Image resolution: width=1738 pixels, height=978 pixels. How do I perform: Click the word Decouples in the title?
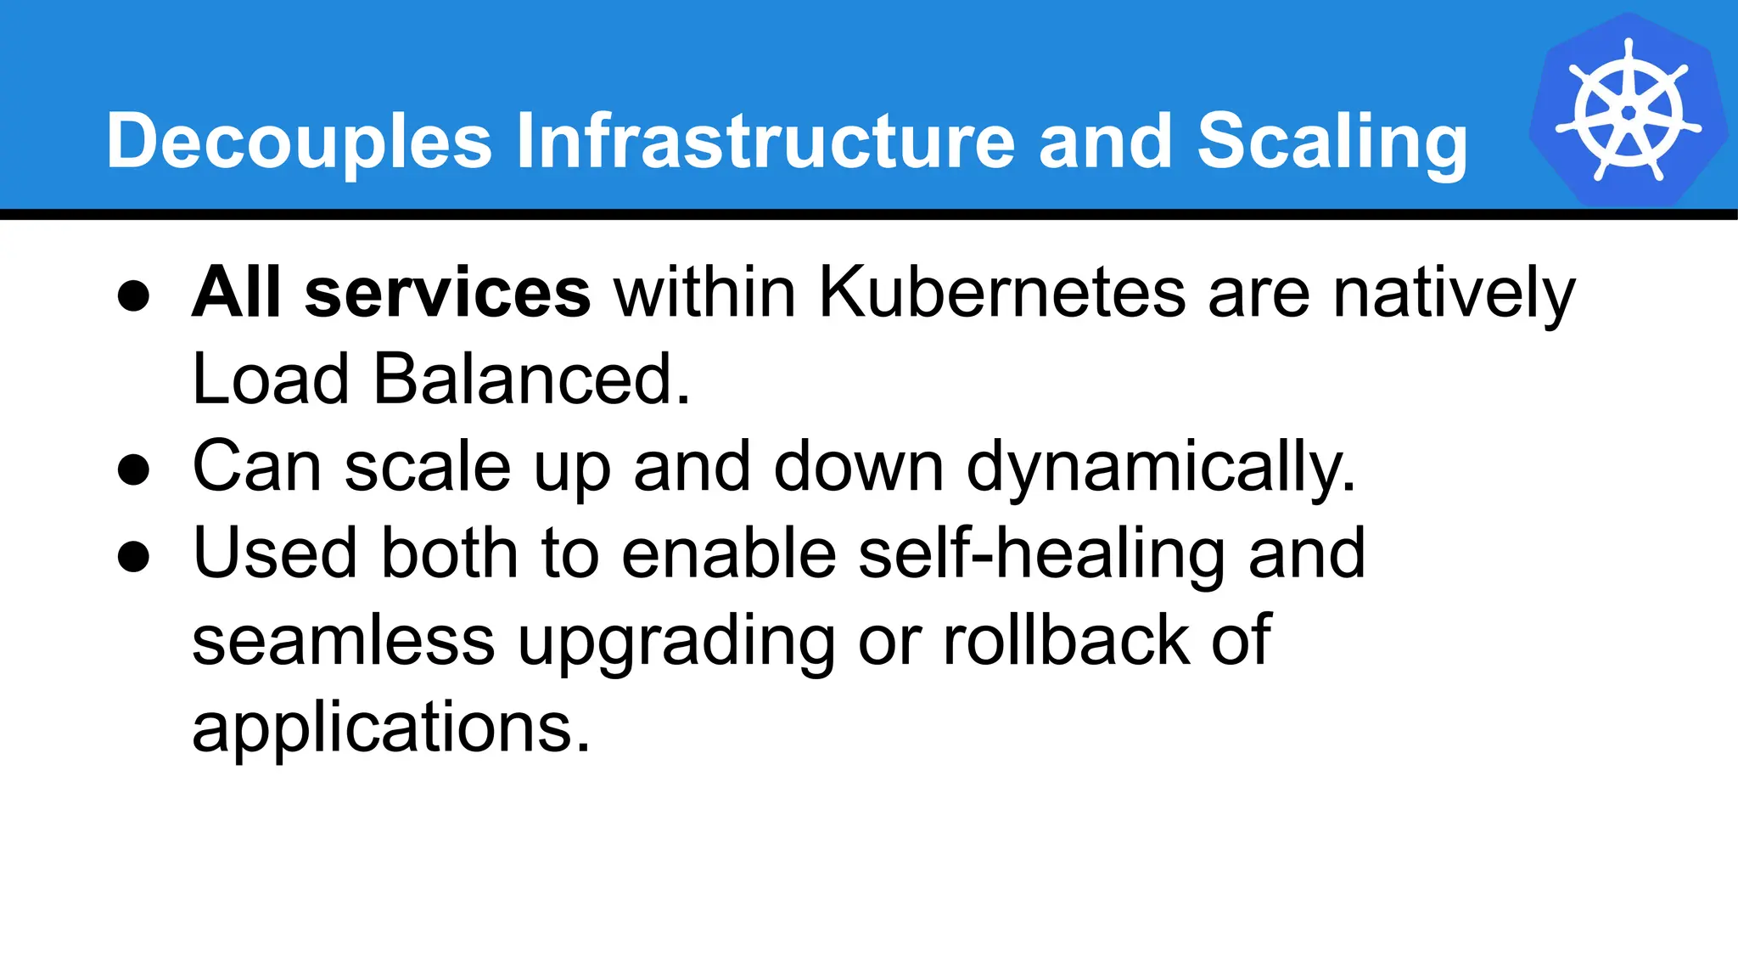tap(299, 142)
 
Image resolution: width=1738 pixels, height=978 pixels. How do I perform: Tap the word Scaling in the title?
tap(1332, 142)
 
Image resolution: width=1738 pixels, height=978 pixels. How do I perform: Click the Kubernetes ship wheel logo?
tap(1628, 111)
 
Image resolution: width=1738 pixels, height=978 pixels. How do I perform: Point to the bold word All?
tap(236, 292)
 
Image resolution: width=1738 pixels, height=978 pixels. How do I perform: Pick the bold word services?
tap(447, 294)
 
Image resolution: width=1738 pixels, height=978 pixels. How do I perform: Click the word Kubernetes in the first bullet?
tap(1001, 292)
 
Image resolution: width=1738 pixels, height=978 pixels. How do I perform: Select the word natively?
tap(1454, 294)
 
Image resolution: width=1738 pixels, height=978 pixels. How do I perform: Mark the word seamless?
tap(343, 640)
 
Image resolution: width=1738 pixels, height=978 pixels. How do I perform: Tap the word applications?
tap(390, 728)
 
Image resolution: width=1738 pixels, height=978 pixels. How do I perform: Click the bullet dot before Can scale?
tap(133, 469)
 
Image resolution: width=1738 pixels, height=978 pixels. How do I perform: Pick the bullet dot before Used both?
tap(133, 556)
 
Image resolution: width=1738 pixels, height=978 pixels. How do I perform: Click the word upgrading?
tap(676, 642)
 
